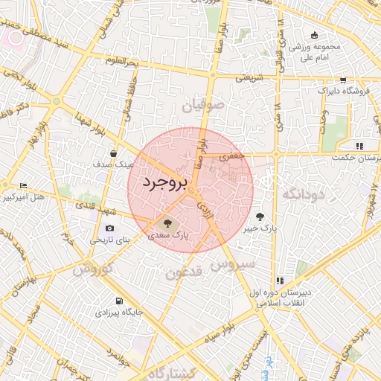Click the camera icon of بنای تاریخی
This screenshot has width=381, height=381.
coord(110,228)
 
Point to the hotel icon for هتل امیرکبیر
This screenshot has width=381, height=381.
coord(24,185)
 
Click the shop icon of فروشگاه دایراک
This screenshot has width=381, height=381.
coord(342,80)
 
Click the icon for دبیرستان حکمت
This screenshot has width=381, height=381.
coord(360,146)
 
